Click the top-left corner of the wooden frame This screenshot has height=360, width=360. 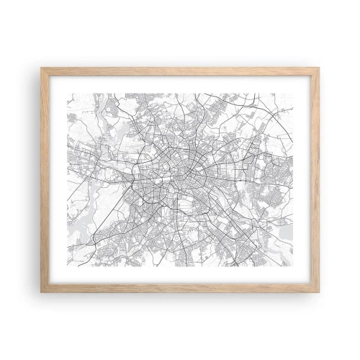pos(42,68)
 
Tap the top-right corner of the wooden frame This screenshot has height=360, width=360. pos(319,68)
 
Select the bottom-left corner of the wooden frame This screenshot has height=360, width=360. pos(42,292)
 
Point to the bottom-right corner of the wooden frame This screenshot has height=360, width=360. pos(319,292)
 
